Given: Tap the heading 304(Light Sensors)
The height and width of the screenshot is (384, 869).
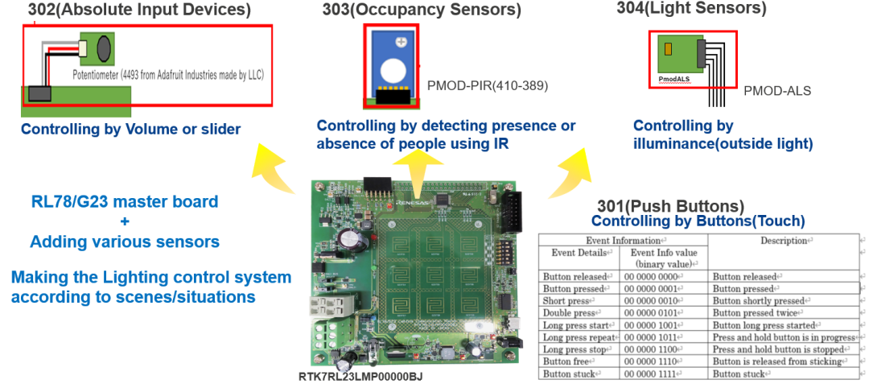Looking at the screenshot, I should [x=691, y=8].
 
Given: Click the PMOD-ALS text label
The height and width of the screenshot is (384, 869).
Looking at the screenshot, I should [x=776, y=91].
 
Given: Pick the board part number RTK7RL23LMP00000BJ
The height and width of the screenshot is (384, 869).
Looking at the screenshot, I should [x=360, y=376].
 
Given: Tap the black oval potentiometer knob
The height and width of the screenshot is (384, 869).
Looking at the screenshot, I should [x=104, y=48].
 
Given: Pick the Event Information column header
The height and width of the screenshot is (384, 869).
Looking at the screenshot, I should [x=624, y=240].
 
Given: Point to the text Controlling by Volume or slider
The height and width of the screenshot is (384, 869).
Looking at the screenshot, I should [x=130, y=129].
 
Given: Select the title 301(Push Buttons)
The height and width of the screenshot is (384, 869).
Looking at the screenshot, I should [x=670, y=206].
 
